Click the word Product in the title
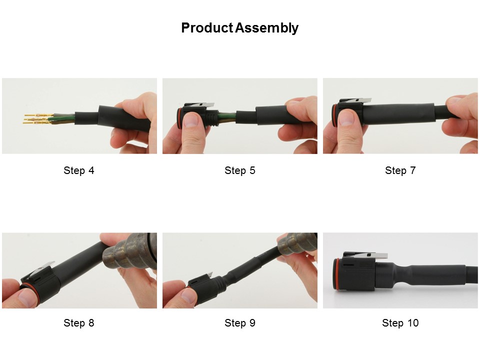[x=207, y=28]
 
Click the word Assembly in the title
[x=267, y=28]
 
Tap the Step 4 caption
[x=79, y=170]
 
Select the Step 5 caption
[x=239, y=170]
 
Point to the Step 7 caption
[x=400, y=170]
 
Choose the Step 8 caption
[x=79, y=322]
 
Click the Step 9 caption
[x=239, y=322]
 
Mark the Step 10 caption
[x=400, y=322]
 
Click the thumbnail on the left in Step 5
[x=190, y=119]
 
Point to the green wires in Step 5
[x=227, y=116]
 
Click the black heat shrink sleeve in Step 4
[x=124, y=117]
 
